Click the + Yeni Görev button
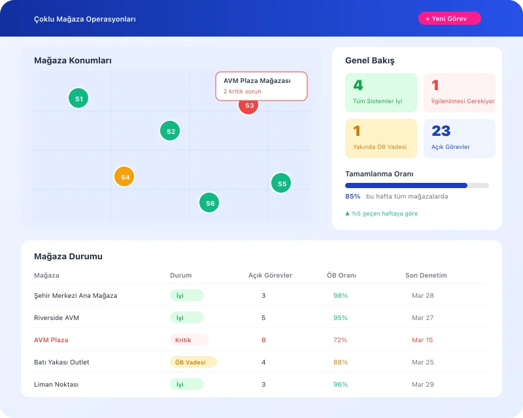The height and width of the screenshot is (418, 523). pos(449,19)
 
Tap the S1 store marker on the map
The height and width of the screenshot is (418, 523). pos(78,99)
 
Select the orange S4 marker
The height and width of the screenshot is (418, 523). pos(124,176)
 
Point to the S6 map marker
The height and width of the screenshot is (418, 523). pos(209,203)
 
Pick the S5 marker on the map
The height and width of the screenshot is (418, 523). pos(281,184)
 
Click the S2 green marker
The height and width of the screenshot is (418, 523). pos(170,131)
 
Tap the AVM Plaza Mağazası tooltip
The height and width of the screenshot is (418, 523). pos(261,86)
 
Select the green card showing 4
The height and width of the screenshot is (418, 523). pos(380,92)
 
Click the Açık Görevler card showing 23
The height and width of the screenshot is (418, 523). pos(459,138)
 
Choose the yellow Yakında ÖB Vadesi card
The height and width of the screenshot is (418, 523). pos(380,138)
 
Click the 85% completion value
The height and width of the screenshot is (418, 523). pos(352,196)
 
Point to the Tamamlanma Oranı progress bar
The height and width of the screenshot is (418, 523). pos(416,185)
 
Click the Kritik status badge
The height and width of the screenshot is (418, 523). pos(189,340)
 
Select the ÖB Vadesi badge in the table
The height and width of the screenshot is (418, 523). pos(193,362)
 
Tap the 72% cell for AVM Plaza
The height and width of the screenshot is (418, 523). pos(340,340)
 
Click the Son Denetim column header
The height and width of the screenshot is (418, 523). pos(426,276)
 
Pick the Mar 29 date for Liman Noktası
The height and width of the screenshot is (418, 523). pos(422,385)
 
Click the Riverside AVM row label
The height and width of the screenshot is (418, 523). pos(56,318)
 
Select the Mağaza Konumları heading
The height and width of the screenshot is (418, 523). pos(73,61)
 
